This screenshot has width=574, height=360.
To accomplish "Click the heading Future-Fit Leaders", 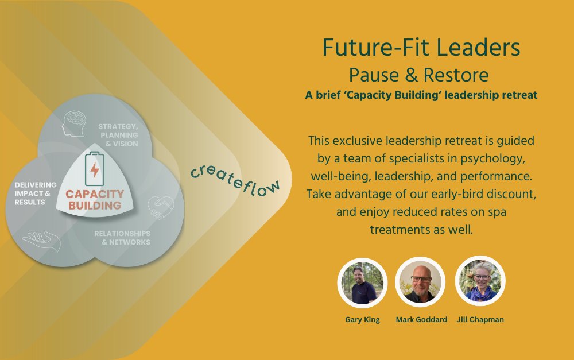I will click(421, 48).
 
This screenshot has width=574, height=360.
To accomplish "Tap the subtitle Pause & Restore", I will click(421, 75).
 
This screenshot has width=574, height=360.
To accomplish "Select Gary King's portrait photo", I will click(362, 282).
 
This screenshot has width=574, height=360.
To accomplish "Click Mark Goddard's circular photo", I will click(421, 282).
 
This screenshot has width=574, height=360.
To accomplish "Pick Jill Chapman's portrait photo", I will click(480, 281).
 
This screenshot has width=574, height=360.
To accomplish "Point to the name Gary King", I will click(362, 320).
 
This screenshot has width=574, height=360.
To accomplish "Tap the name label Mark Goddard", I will click(421, 320).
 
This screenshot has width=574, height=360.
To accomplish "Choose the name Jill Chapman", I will click(480, 320).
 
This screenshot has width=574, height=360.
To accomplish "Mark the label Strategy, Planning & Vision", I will click(118, 135).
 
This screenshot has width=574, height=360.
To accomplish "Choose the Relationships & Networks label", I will click(122, 238).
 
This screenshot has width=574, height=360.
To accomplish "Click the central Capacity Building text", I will click(95, 199).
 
